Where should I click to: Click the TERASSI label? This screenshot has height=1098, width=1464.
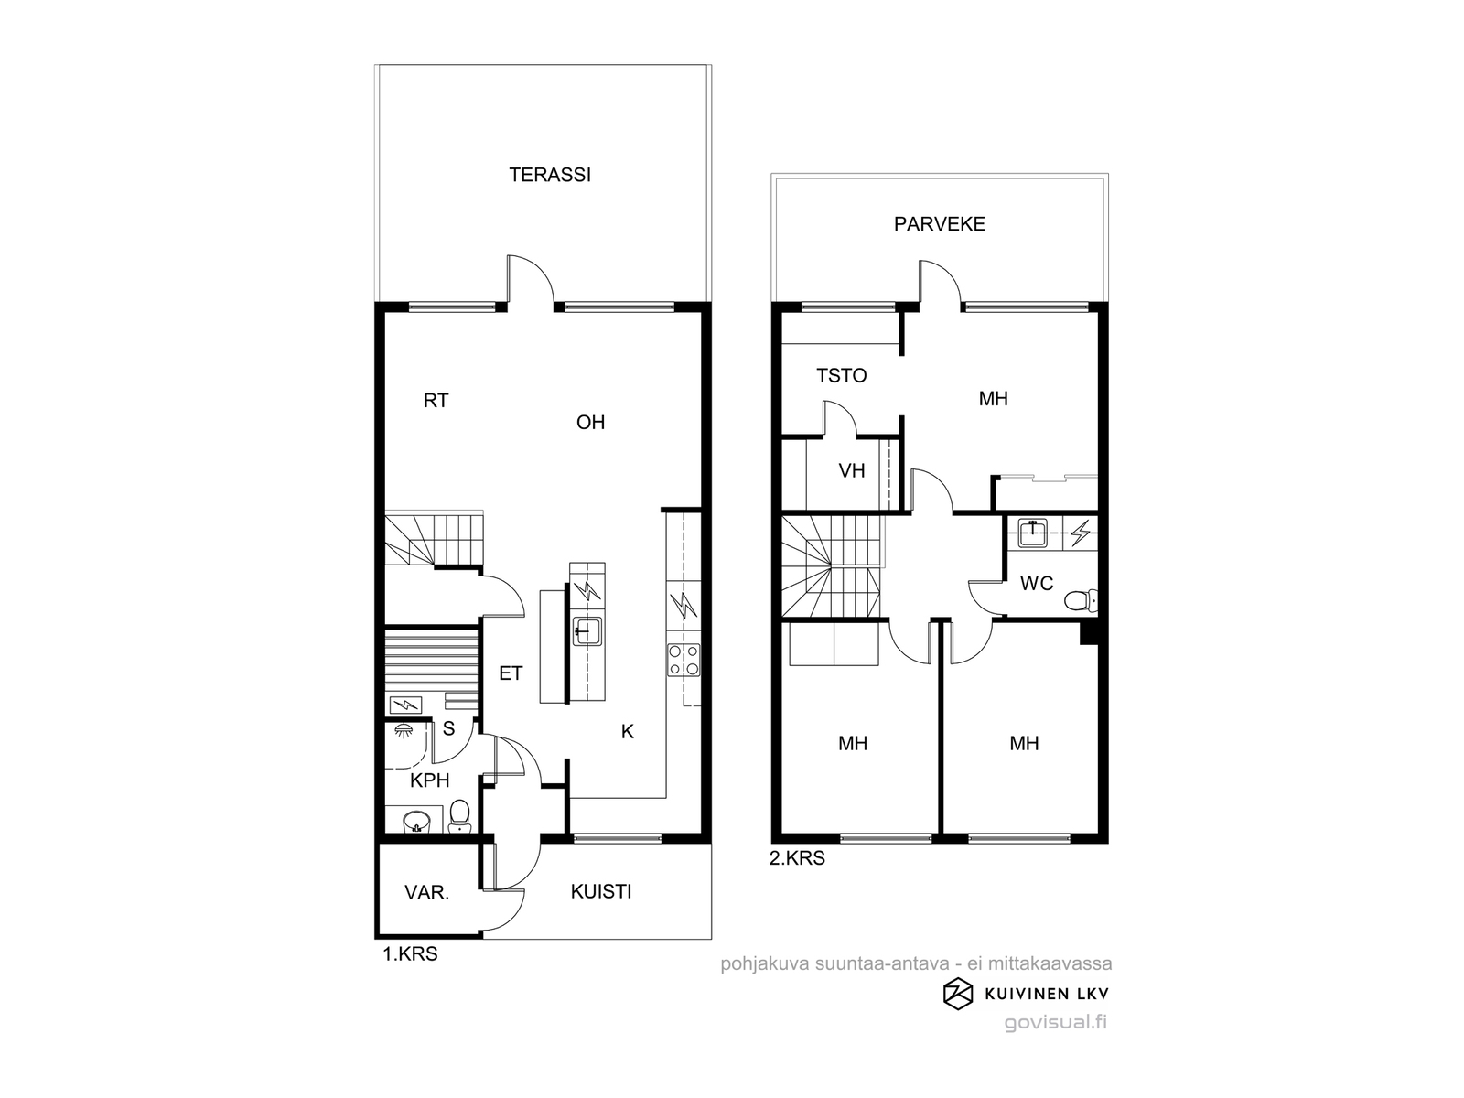(x=550, y=175)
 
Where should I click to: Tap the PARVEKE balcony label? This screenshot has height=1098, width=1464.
(x=939, y=224)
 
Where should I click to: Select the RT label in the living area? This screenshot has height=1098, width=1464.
(x=436, y=401)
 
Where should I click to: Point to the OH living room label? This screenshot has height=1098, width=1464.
(x=590, y=422)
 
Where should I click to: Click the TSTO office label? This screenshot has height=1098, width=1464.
(x=842, y=376)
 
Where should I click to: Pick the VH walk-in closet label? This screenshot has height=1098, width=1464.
(x=852, y=471)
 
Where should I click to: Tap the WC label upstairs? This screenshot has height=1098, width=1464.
(x=1037, y=584)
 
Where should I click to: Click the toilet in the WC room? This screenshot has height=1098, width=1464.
(x=1080, y=600)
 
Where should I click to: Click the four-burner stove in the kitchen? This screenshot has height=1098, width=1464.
(x=684, y=660)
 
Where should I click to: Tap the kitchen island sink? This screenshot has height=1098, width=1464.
(x=587, y=630)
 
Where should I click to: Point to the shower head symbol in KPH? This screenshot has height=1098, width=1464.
(x=403, y=731)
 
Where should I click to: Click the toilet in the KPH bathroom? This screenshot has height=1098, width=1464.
(x=459, y=816)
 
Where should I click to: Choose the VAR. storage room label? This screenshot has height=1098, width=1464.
(x=427, y=893)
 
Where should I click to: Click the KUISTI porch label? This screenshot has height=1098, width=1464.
(x=601, y=892)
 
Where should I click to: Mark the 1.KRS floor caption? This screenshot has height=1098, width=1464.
(x=410, y=954)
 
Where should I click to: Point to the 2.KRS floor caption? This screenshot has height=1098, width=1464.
(x=797, y=858)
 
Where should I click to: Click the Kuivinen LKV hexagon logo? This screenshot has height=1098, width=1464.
(x=958, y=994)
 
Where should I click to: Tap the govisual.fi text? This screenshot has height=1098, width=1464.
(x=1056, y=1023)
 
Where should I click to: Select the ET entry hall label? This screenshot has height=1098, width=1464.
(x=511, y=674)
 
